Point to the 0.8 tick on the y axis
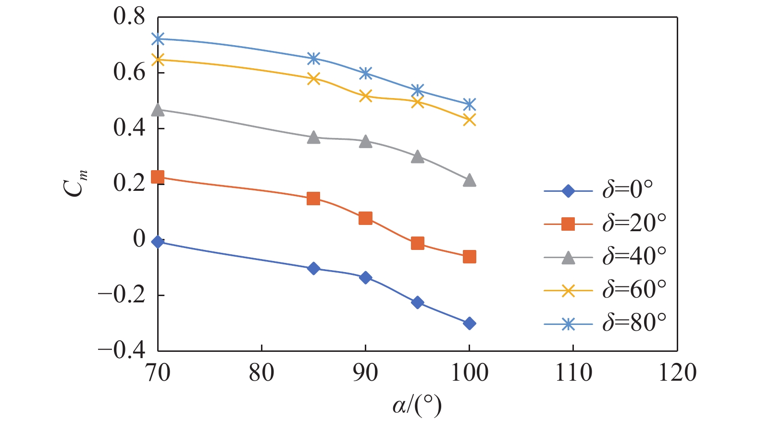pos(129,17)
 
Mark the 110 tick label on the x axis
pos(573,373)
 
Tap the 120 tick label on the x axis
pos(677,373)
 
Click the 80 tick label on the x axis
pos(261,373)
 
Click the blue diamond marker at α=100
pos(470,323)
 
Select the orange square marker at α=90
pos(365,218)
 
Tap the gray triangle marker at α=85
pos(313,137)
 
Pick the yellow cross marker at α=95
pos(418,101)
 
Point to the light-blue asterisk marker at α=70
pos(158,38)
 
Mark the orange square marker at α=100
pos(470,257)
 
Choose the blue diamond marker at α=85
pos(313,268)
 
